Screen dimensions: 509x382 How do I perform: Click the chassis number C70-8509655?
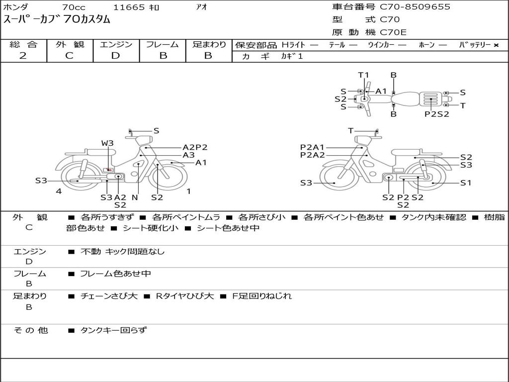tap(415, 7)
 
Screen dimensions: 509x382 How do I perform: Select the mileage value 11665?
tap(129, 7)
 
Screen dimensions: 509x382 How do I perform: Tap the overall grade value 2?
tap(23, 56)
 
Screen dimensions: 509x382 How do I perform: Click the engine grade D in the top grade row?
tap(115, 56)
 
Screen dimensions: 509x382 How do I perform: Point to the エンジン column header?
tap(116, 44)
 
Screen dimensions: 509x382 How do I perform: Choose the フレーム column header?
tap(163, 44)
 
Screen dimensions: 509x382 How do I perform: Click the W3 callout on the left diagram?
tap(107, 143)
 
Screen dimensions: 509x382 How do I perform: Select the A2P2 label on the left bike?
tap(195, 147)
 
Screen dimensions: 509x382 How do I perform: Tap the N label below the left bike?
tap(135, 197)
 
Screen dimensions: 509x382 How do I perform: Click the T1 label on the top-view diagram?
tap(363, 75)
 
